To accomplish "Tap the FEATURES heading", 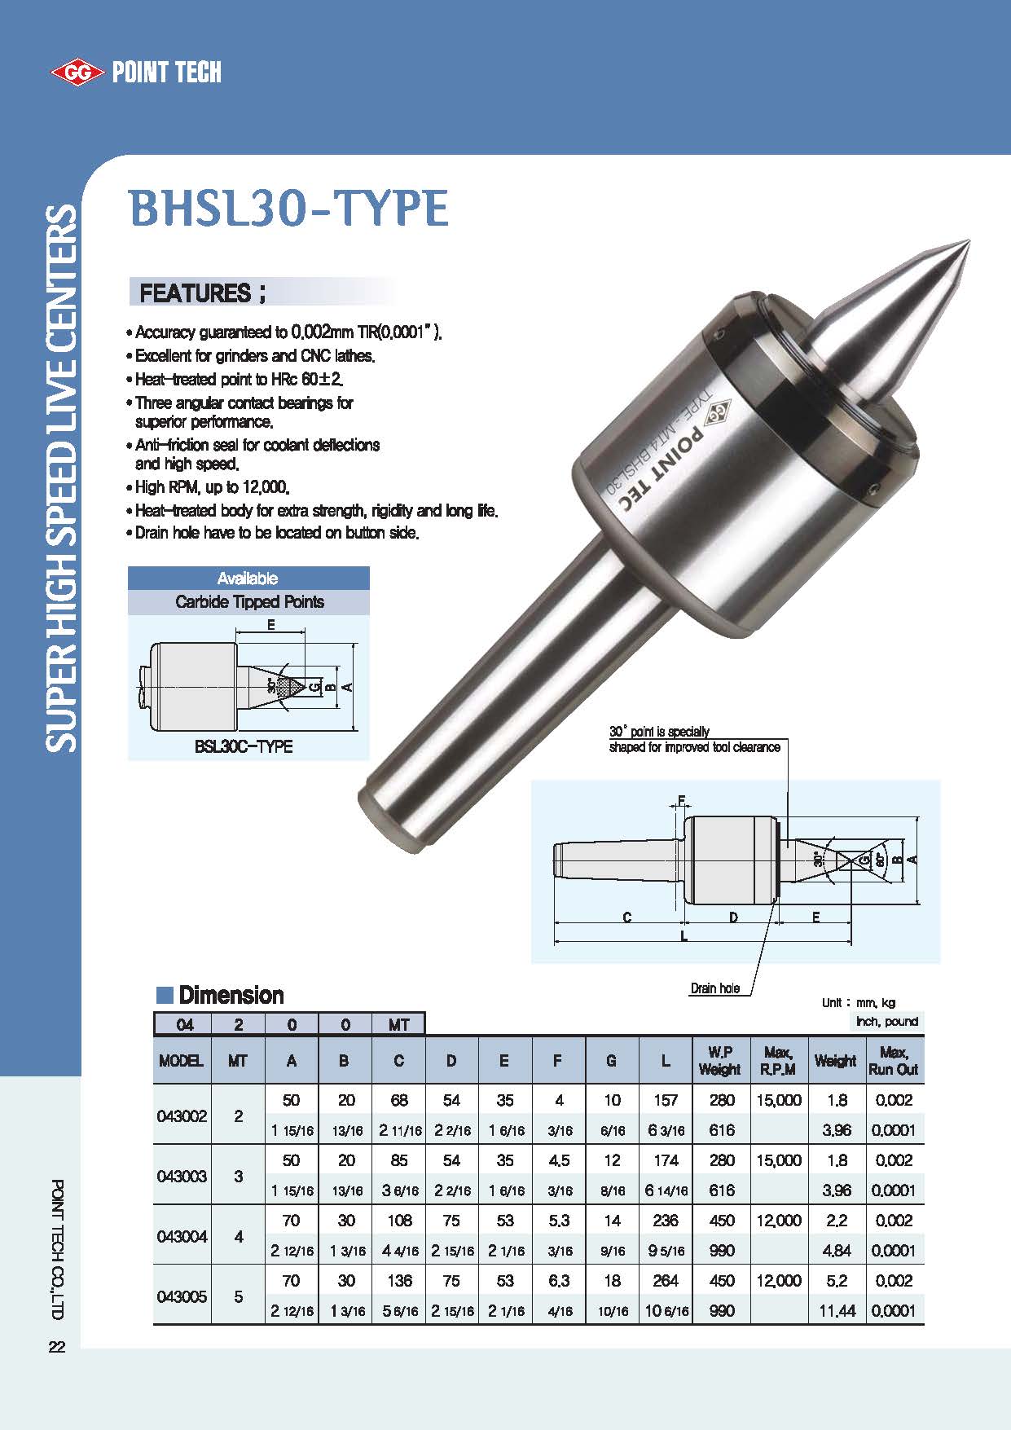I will point(203,293).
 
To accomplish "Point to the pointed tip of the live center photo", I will point(967,243).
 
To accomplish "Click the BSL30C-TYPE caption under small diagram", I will point(244,746).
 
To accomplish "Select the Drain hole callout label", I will point(715,988).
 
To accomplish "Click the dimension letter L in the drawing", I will point(684,936).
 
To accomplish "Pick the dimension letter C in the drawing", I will point(627,917).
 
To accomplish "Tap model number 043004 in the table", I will point(182,1236).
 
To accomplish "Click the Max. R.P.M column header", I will point(778,1061).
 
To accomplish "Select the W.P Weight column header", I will point(720,1061).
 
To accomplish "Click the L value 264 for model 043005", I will point(666,1281).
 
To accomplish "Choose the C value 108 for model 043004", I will point(399,1221).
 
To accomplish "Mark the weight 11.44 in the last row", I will point(837,1311).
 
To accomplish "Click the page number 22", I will point(57,1347).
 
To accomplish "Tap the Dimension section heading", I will point(231,995).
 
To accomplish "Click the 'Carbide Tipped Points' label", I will point(249,602).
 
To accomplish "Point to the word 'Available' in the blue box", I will point(248,579).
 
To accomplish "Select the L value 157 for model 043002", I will point(666,1100).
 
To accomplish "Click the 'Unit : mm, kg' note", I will point(858,1003).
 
